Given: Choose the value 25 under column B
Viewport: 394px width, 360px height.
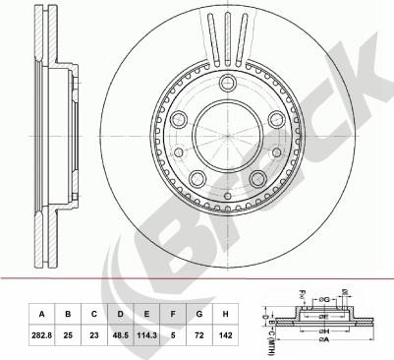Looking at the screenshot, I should (x=68, y=335).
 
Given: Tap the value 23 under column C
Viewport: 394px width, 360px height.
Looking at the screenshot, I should (x=94, y=335).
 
